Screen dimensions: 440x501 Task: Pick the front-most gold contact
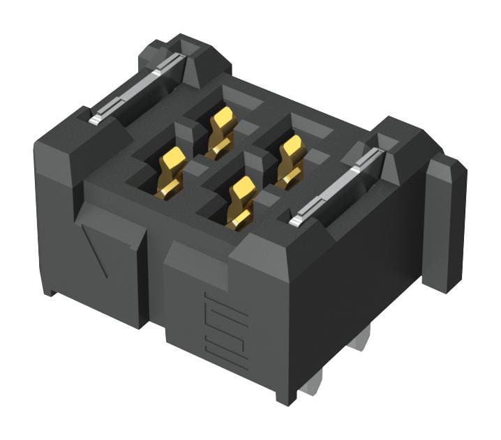tap(241, 202)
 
